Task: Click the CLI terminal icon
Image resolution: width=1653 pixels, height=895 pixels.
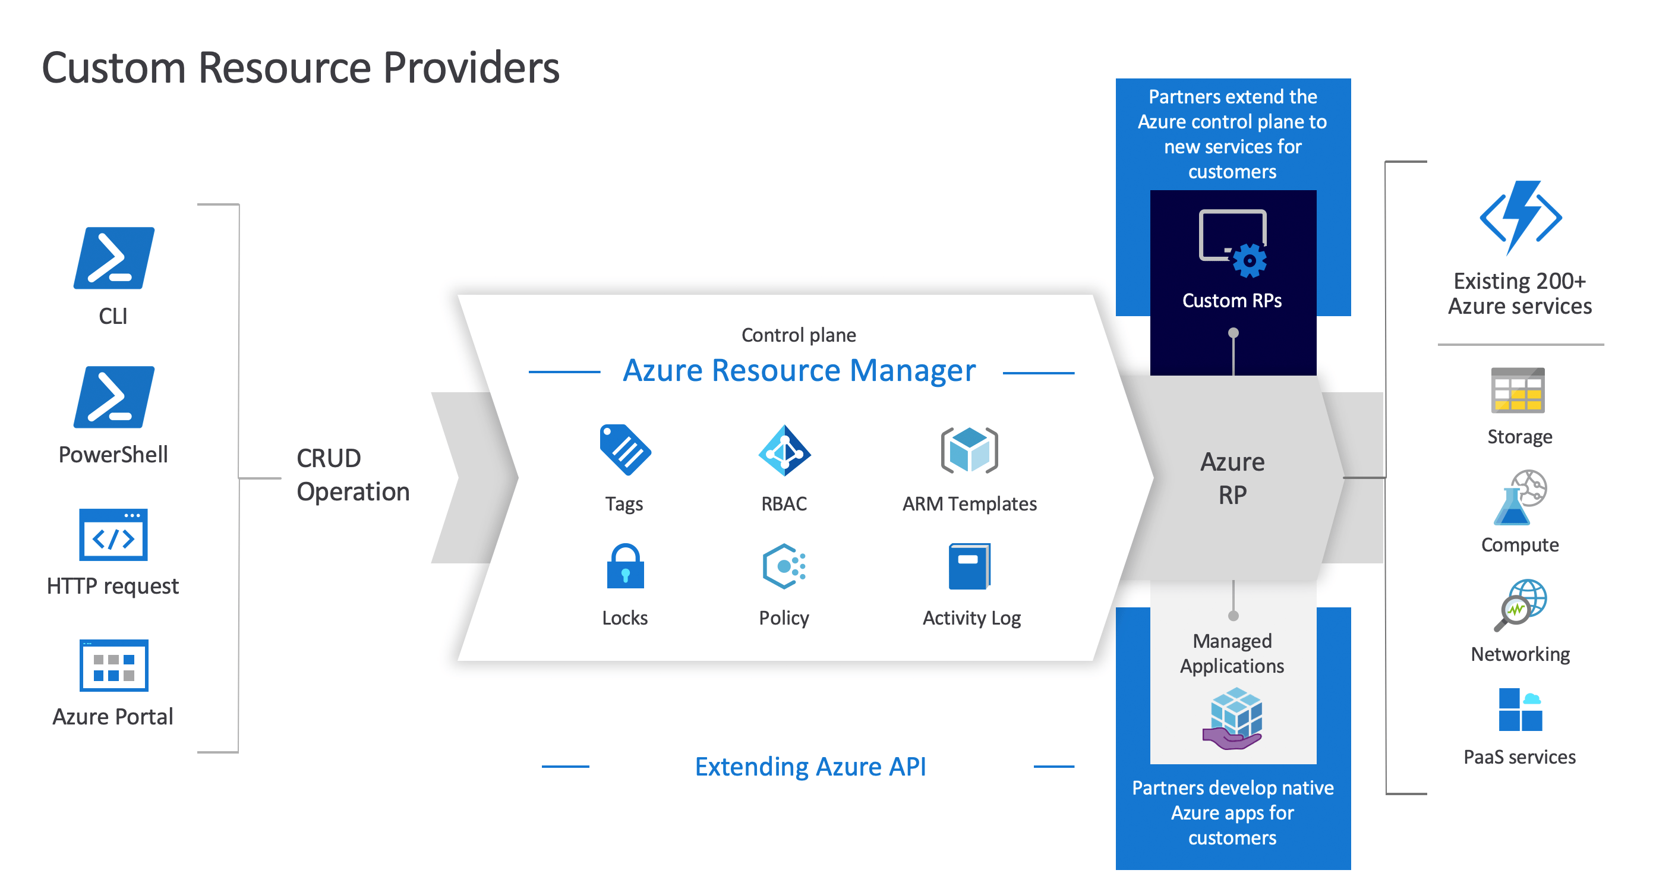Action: (x=113, y=257)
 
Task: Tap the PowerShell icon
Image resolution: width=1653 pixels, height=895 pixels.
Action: (x=113, y=397)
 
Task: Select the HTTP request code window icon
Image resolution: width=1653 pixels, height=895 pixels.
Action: (x=113, y=535)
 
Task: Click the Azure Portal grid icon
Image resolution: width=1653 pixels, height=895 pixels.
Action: (x=113, y=665)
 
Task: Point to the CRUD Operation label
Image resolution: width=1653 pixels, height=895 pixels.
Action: (x=352, y=474)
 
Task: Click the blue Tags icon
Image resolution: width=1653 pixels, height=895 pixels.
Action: (x=624, y=449)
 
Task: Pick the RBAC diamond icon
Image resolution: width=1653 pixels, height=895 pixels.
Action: (x=784, y=450)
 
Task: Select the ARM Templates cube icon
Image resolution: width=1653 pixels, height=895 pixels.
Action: (x=969, y=450)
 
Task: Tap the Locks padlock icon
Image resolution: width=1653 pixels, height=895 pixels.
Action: (x=624, y=566)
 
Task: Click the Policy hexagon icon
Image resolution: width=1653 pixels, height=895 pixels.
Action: (x=784, y=566)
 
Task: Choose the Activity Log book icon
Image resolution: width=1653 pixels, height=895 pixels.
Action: (x=969, y=566)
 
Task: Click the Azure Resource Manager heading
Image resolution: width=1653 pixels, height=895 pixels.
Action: (x=799, y=370)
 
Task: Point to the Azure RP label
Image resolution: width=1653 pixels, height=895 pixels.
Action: (x=1232, y=478)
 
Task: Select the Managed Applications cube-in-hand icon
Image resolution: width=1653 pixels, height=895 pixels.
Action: (x=1234, y=718)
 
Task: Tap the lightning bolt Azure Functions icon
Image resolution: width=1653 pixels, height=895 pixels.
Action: (x=1519, y=217)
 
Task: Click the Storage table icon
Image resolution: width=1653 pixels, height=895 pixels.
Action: (x=1518, y=390)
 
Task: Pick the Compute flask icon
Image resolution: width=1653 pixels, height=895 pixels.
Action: (x=1519, y=497)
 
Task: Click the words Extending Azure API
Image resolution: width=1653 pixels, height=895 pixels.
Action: (x=810, y=767)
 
